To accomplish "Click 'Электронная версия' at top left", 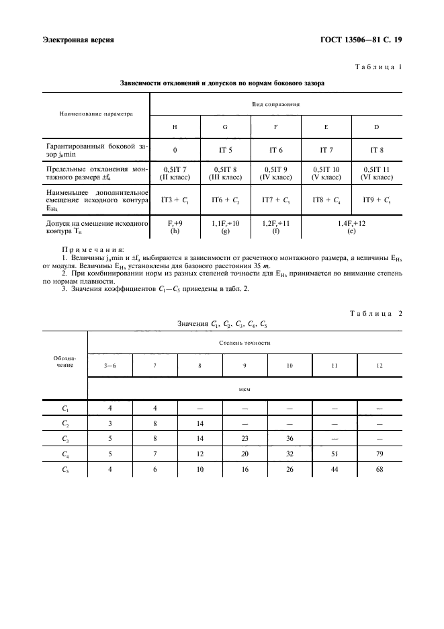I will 78,40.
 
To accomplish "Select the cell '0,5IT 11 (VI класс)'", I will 377,174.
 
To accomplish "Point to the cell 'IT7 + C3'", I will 275,200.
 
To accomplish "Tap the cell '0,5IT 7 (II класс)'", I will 175,174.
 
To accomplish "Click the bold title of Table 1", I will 222,84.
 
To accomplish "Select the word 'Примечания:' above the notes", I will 92,249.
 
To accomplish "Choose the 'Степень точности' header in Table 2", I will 245,342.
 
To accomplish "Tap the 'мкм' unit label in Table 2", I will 245,388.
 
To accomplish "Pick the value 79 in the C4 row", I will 380,454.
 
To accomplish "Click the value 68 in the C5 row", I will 380,469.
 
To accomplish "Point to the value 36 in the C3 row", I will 290,438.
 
